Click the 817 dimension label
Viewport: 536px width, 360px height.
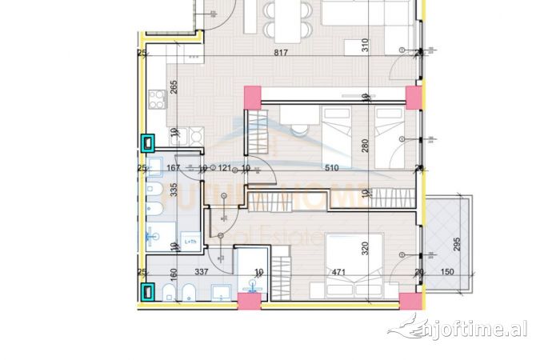pos(280,54)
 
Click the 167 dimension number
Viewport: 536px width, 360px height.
pos(171,168)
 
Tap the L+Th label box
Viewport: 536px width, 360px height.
pos(190,240)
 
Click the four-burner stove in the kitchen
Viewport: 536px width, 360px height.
pos(157,102)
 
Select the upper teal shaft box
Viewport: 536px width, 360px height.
pos(149,143)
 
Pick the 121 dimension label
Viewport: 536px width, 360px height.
pos(225,168)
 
